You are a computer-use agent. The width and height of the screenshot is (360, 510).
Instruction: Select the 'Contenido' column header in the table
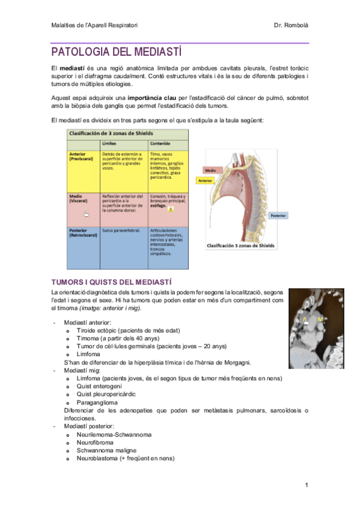coord(160,144)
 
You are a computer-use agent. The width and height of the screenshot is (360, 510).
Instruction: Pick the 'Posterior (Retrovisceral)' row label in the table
coord(82,233)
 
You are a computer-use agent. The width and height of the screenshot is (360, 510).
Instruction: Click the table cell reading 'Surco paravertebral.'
coord(121,230)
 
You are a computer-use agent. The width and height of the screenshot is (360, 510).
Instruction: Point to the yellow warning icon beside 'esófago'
coord(171,210)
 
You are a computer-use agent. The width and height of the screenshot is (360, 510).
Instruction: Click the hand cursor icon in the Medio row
coord(86,214)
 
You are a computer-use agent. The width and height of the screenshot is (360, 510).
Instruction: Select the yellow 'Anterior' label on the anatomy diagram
coord(206,180)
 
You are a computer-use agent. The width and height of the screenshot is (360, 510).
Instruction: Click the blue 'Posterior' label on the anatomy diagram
coord(278,215)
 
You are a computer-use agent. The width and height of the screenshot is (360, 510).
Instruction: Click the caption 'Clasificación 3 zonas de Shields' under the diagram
coord(240,246)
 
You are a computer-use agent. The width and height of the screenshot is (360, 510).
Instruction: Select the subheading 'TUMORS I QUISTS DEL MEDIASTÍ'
coord(112,281)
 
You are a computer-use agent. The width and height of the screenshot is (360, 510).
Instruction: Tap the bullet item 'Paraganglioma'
coord(97,402)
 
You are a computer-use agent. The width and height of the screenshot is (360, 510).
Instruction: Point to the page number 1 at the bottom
coord(306,485)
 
